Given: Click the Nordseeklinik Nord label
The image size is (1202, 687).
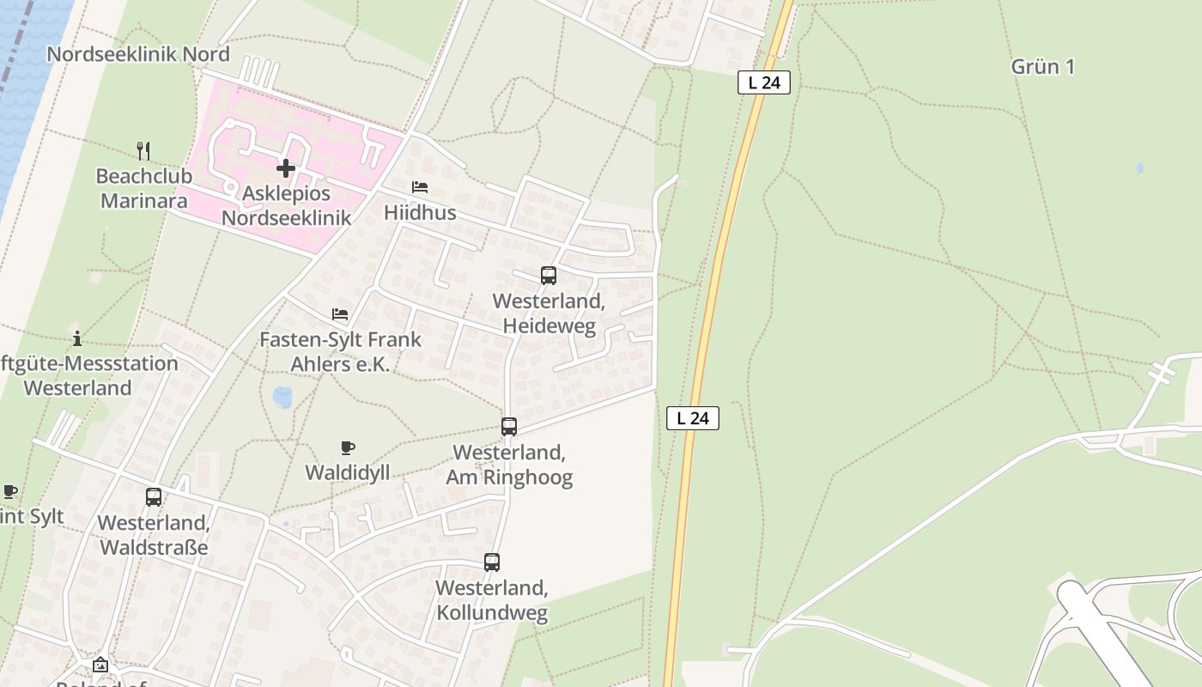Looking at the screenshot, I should pyautogui.click(x=138, y=54).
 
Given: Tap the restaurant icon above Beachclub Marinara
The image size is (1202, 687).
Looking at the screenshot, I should pyautogui.click(x=143, y=151).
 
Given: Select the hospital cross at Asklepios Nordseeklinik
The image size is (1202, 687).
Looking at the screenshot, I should pyautogui.click(x=286, y=168).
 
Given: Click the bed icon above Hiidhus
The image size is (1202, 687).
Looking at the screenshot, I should pyautogui.click(x=420, y=187).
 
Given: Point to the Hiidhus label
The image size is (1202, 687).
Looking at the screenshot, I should pyautogui.click(x=420, y=212).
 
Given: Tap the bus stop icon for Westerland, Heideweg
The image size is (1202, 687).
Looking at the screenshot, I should pyautogui.click(x=549, y=276).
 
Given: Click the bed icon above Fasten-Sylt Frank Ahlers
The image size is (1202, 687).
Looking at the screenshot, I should pyautogui.click(x=340, y=314).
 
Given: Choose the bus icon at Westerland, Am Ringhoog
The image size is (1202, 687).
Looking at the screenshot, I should pyautogui.click(x=509, y=426).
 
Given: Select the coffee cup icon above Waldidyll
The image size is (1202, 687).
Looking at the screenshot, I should pyautogui.click(x=348, y=447).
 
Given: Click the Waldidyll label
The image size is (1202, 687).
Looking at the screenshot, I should pyautogui.click(x=348, y=472).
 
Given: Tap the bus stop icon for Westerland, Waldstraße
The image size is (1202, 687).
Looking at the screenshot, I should pyautogui.click(x=154, y=496).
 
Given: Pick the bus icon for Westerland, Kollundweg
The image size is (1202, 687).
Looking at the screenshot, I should pyautogui.click(x=492, y=562).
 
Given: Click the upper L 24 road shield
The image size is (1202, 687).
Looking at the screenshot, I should pyautogui.click(x=763, y=82).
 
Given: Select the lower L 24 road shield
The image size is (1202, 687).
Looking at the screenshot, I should pyautogui.click(x=692, y=418).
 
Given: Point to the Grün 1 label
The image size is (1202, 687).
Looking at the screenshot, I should pyautogui.click(x=1042, y=67).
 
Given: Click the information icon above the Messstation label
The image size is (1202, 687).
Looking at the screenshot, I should pyautogui.click(x=77, y=338).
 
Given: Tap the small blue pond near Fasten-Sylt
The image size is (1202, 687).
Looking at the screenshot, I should pyautogui.click(x=282, y=397).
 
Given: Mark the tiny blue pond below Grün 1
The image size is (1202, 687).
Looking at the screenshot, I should pyautogui.click(x=1139, y=168).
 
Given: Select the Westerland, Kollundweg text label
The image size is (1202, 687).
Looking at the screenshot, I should pyautogui.click(x=492, y=600).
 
